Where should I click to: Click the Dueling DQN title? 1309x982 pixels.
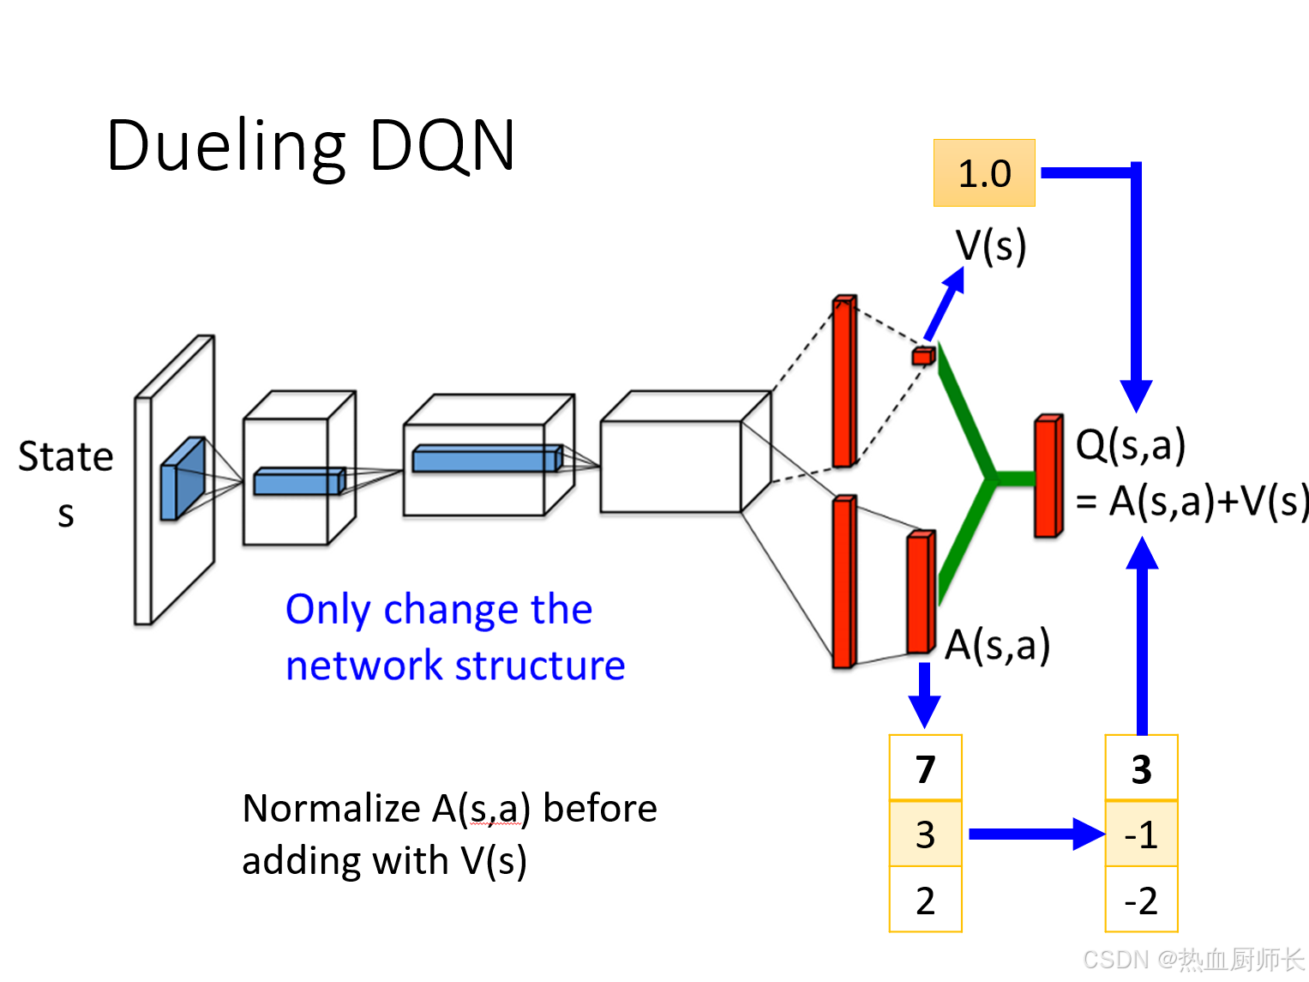pos(310,147)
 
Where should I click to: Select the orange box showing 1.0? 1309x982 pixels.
pos(984,173)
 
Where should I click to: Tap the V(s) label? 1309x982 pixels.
pos(991,246)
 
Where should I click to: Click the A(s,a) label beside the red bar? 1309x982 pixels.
pos(997,645)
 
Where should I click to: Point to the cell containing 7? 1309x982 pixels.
pos(925,768)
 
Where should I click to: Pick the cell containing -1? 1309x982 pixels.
pos(1141,834)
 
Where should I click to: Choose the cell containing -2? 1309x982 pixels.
pos(1141,901)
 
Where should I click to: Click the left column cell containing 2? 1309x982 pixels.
pos(925,901)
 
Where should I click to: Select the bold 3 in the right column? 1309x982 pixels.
pos(1141,768)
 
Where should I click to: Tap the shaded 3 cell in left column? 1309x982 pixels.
pos(925,834)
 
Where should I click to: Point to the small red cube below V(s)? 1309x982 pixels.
pos(923,355)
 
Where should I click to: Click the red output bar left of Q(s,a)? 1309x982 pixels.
pos(1048,477)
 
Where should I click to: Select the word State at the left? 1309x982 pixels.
pos(66,456)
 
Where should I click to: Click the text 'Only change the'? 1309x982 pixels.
pos(439,610)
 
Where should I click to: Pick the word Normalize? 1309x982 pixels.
pos(331,809)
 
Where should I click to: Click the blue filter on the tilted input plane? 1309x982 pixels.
pos(183,479)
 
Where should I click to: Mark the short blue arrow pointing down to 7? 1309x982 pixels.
pos(924,695)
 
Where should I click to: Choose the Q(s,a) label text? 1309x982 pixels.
pos(1130,445)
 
